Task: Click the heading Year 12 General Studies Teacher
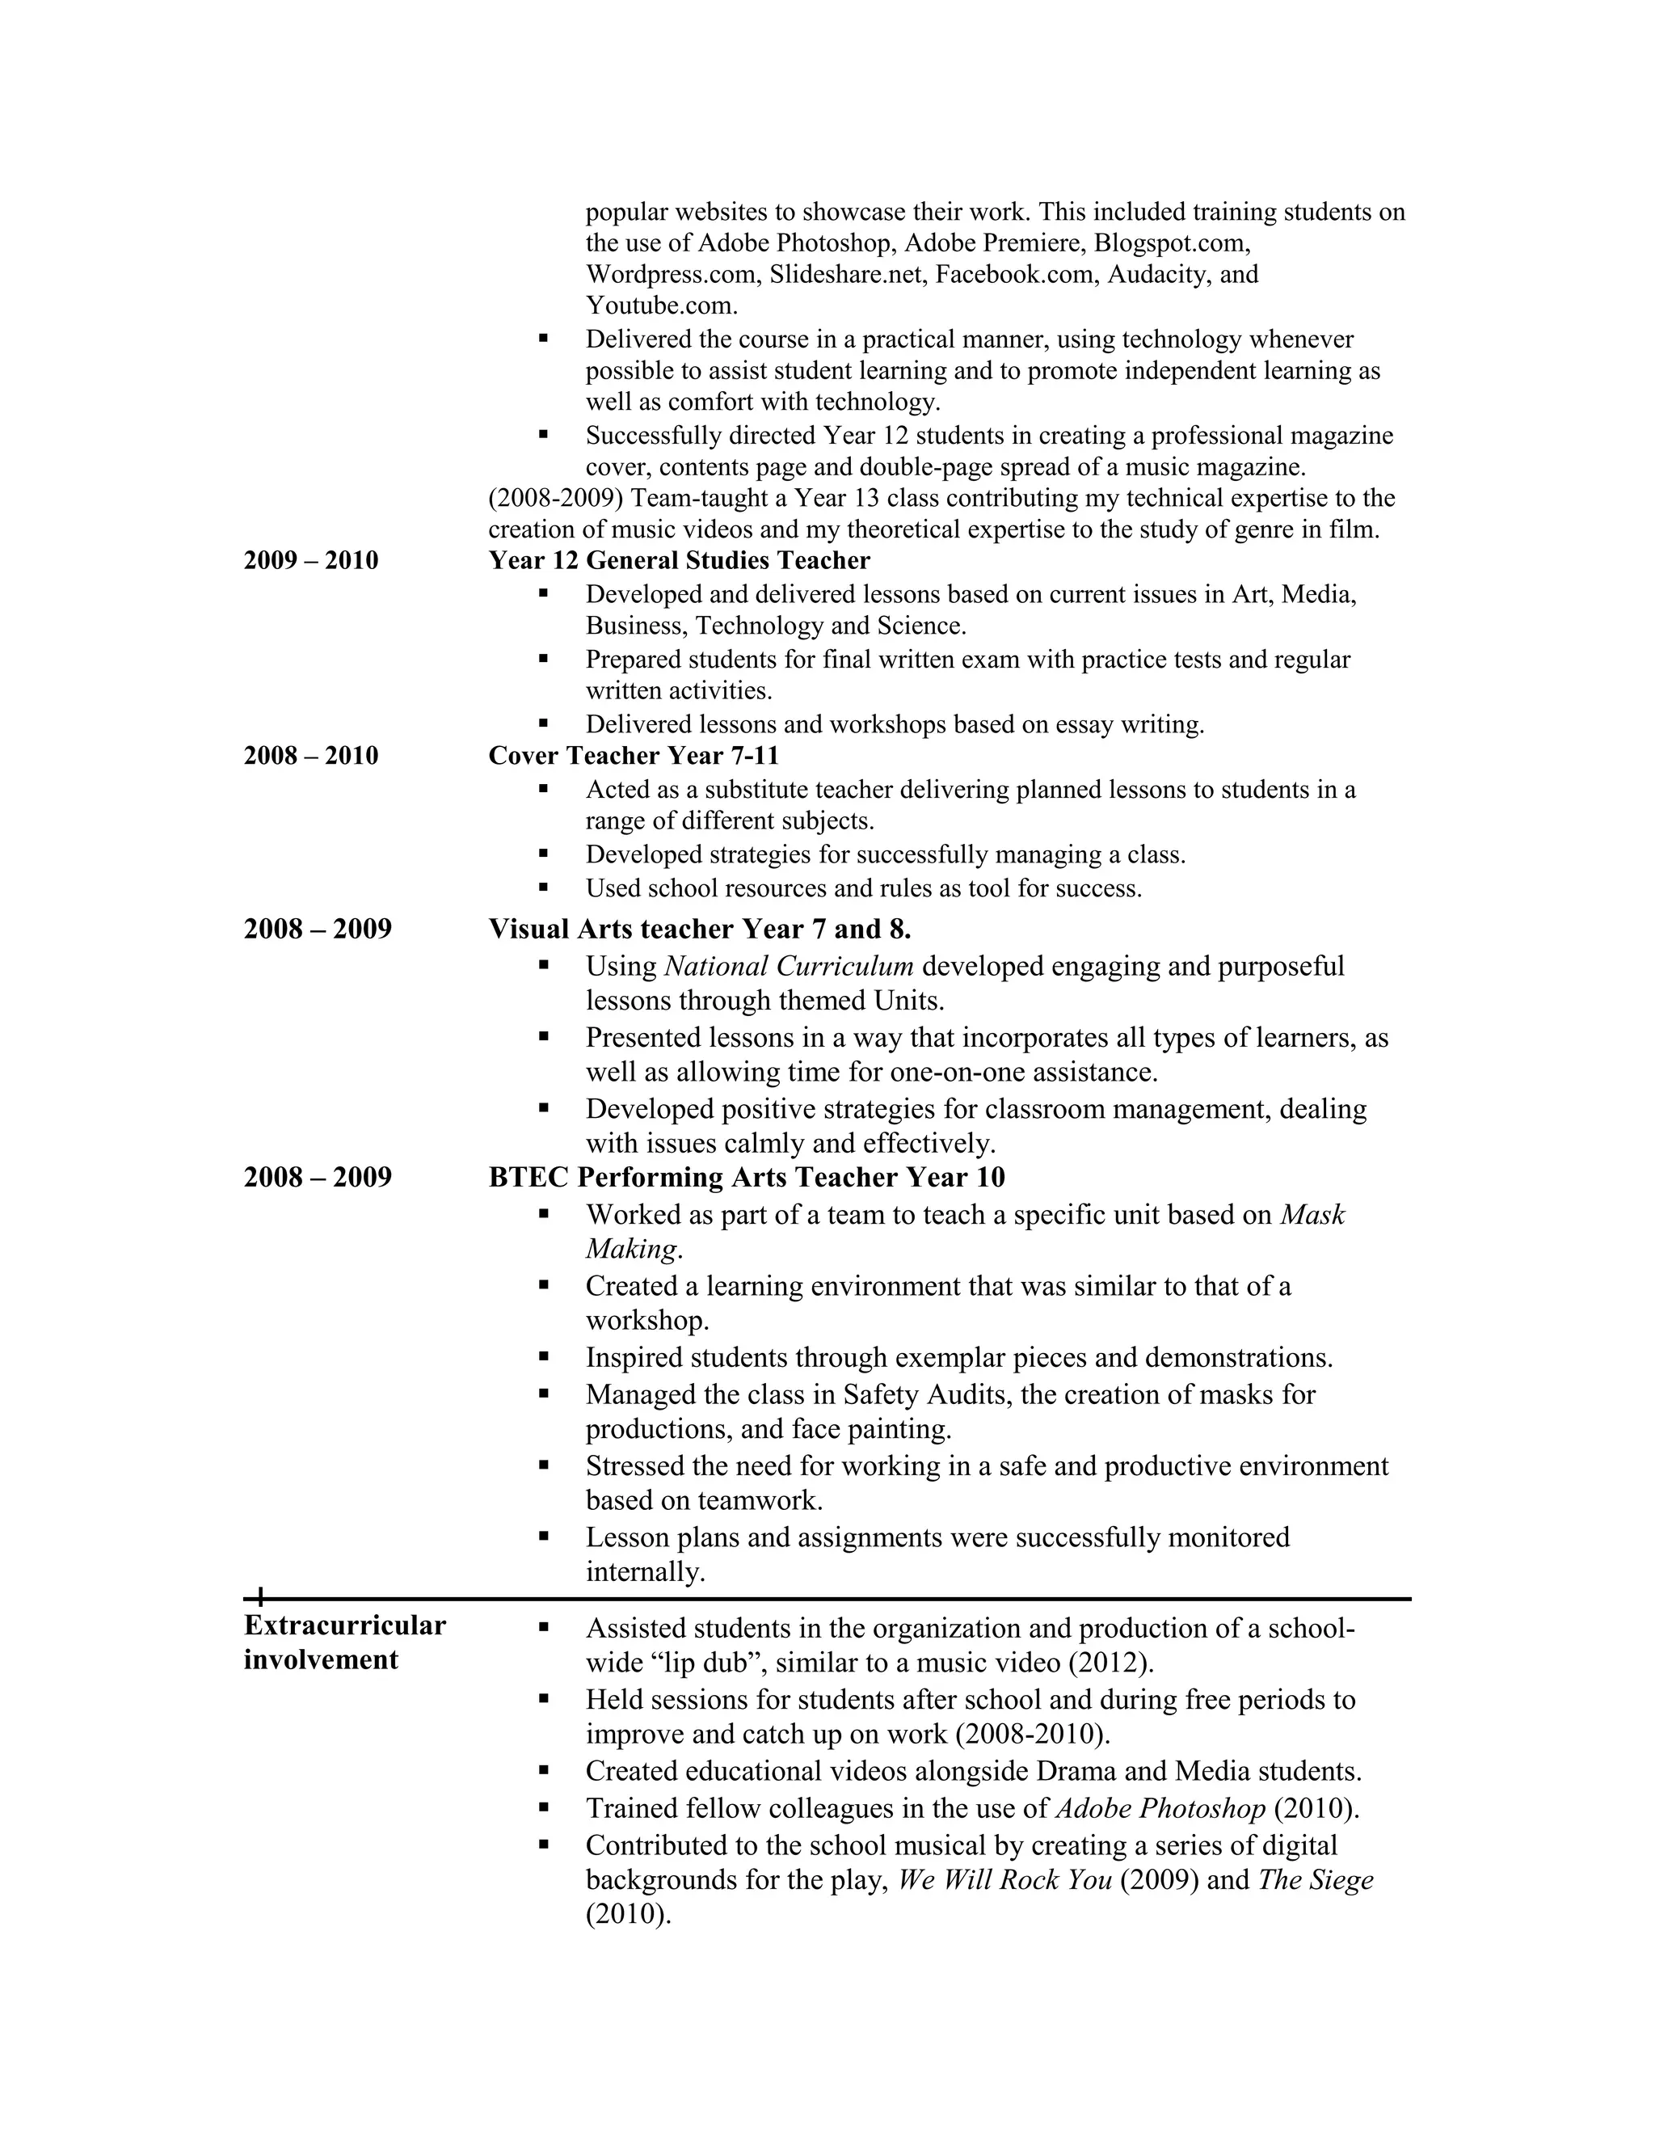coord(679,560)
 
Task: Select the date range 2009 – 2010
coord(311,560)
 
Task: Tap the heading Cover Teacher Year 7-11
coord(634,755)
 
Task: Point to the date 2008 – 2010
coord(311,755)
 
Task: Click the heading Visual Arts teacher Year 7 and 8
coord(699,928)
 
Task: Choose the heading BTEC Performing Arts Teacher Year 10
coord(746,1177)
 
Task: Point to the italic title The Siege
coord(1315,1879)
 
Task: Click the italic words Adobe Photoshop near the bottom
coord(1160,1807)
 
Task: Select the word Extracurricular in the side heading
coord(344,1625)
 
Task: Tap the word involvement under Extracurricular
coord(321,1659)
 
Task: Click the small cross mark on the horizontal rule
coord(260,1598)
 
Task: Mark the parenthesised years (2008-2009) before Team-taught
coord(555,498)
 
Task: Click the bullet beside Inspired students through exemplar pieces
coord(543,1357)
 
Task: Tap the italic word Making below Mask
coord(630,1249)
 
